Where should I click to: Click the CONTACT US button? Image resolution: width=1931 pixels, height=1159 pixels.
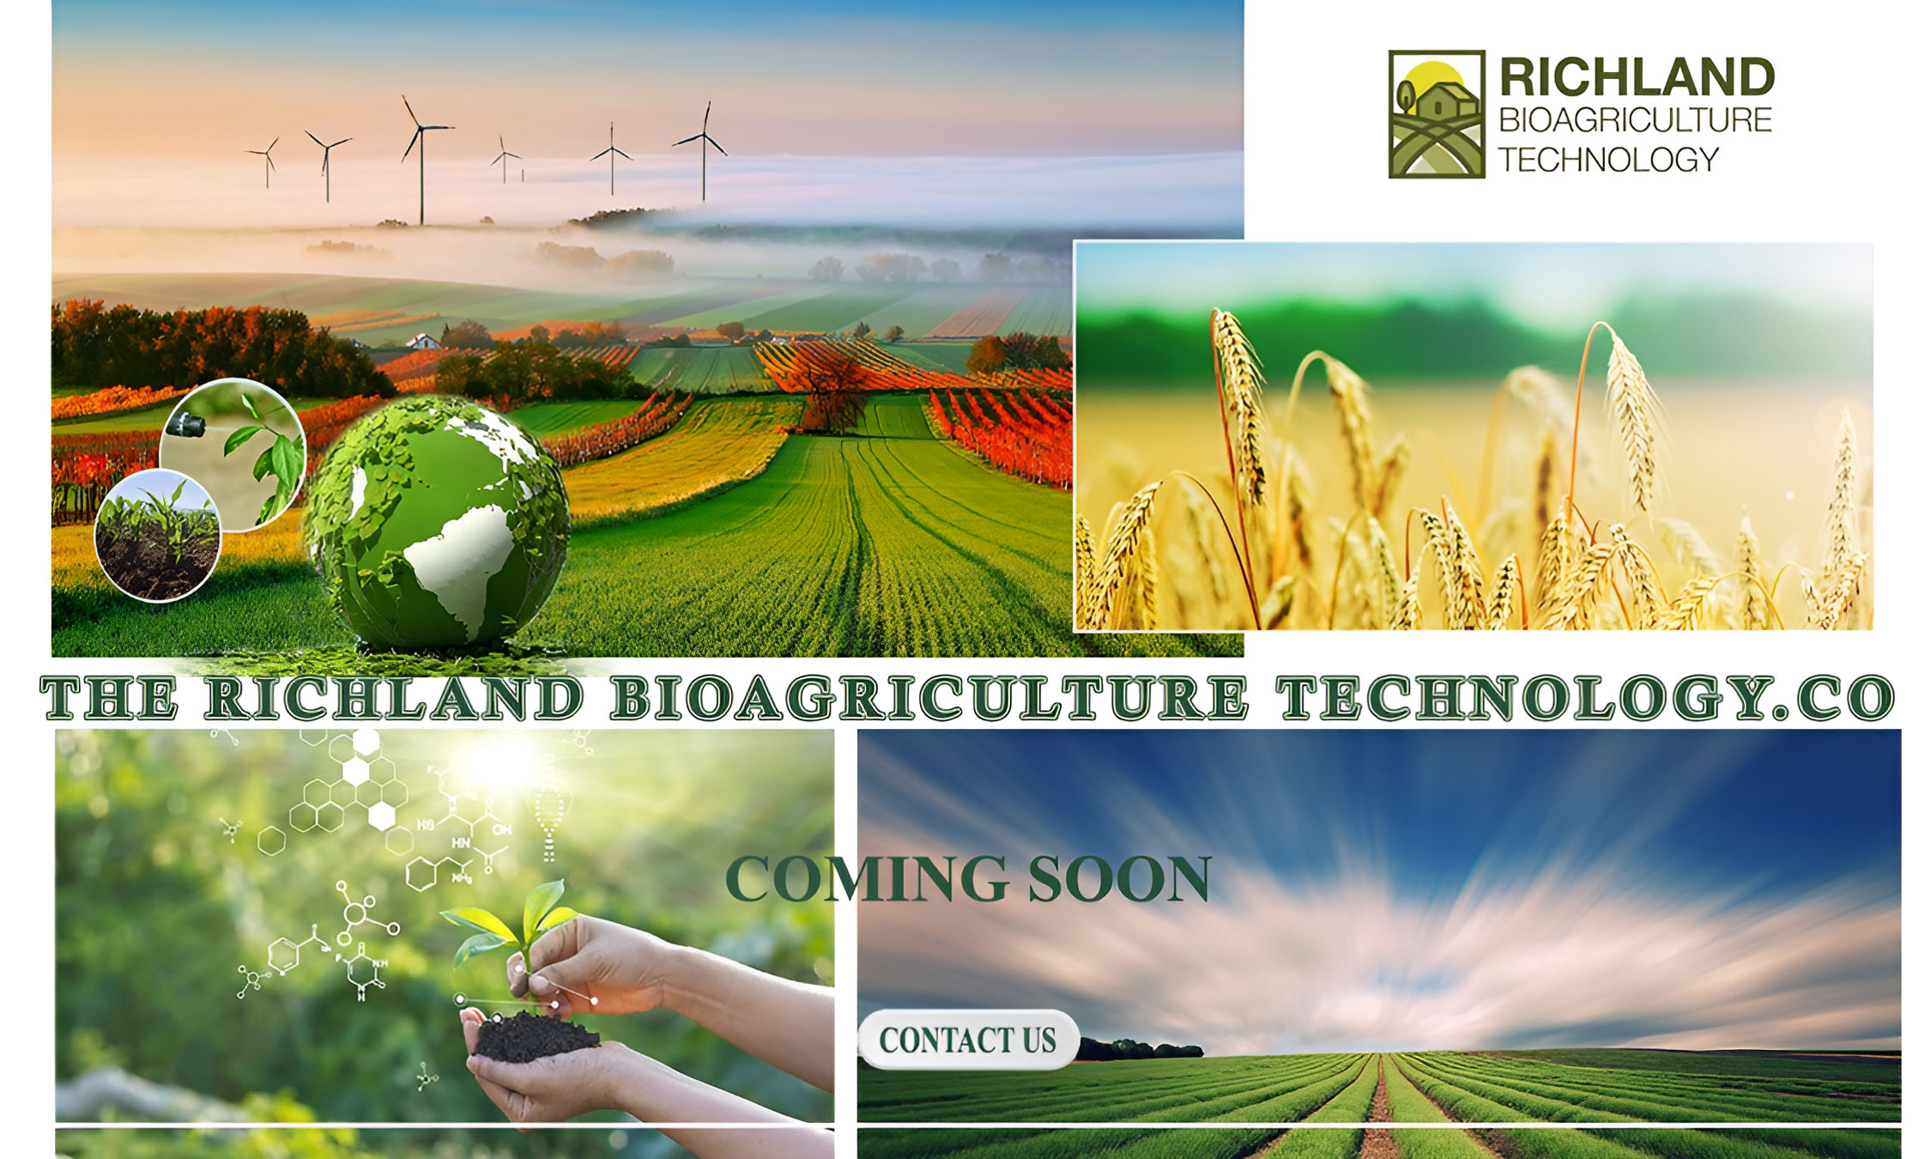(968, 1040)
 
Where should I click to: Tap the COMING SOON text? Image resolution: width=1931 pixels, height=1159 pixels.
(968, 879)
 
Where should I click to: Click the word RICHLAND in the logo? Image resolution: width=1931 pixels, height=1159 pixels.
(1637, 77)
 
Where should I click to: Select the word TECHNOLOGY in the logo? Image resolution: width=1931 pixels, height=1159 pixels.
(1608, 160)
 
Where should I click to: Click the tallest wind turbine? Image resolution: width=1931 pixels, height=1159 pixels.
(421, 159)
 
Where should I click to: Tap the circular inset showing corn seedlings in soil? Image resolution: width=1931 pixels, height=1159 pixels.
(157, 535)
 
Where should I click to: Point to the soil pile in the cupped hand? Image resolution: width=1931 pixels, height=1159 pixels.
(534, 1036)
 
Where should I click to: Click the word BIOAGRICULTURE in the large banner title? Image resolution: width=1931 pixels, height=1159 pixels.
(929, 697)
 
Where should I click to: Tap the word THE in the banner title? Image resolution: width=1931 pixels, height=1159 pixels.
(109, 697)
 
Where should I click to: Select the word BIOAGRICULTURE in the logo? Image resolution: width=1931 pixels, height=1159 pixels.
(1635, 120)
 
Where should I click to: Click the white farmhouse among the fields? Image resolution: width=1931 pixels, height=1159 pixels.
(423, 341)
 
